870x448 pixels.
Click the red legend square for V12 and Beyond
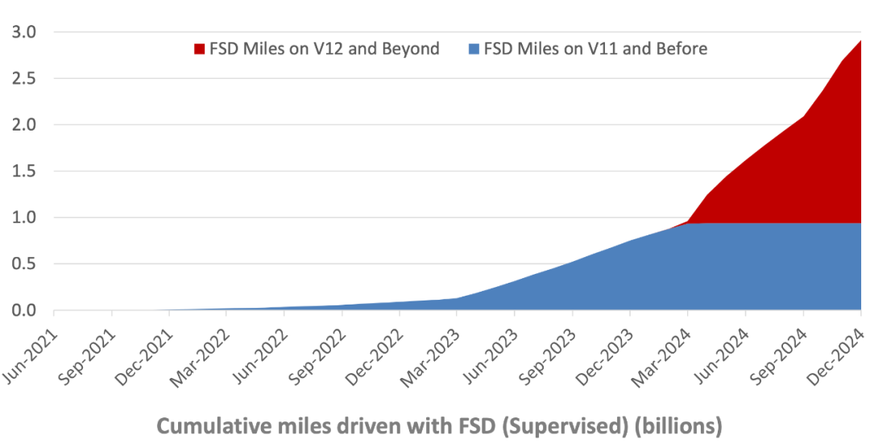point(200,49)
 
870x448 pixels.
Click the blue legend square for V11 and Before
point(473,49)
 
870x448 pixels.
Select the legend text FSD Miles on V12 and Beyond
point(324,49)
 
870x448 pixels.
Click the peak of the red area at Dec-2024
point(860,40)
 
